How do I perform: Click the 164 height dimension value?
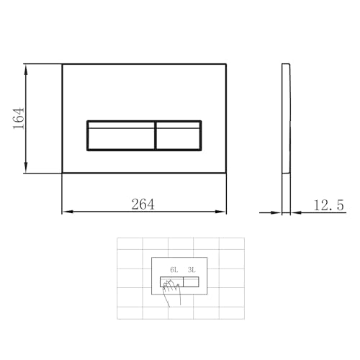[x=19, y=118]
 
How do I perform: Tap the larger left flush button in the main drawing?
[x=120, y=135]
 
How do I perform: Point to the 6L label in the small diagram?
[x=174, y=270]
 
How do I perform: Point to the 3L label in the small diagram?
[x=192, y=270]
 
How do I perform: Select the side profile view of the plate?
[x=285, y=119]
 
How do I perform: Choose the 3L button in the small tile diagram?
[x=192, y=282]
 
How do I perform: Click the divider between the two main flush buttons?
[x=155, y=135]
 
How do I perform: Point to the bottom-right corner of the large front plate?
[x=225, y=173]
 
